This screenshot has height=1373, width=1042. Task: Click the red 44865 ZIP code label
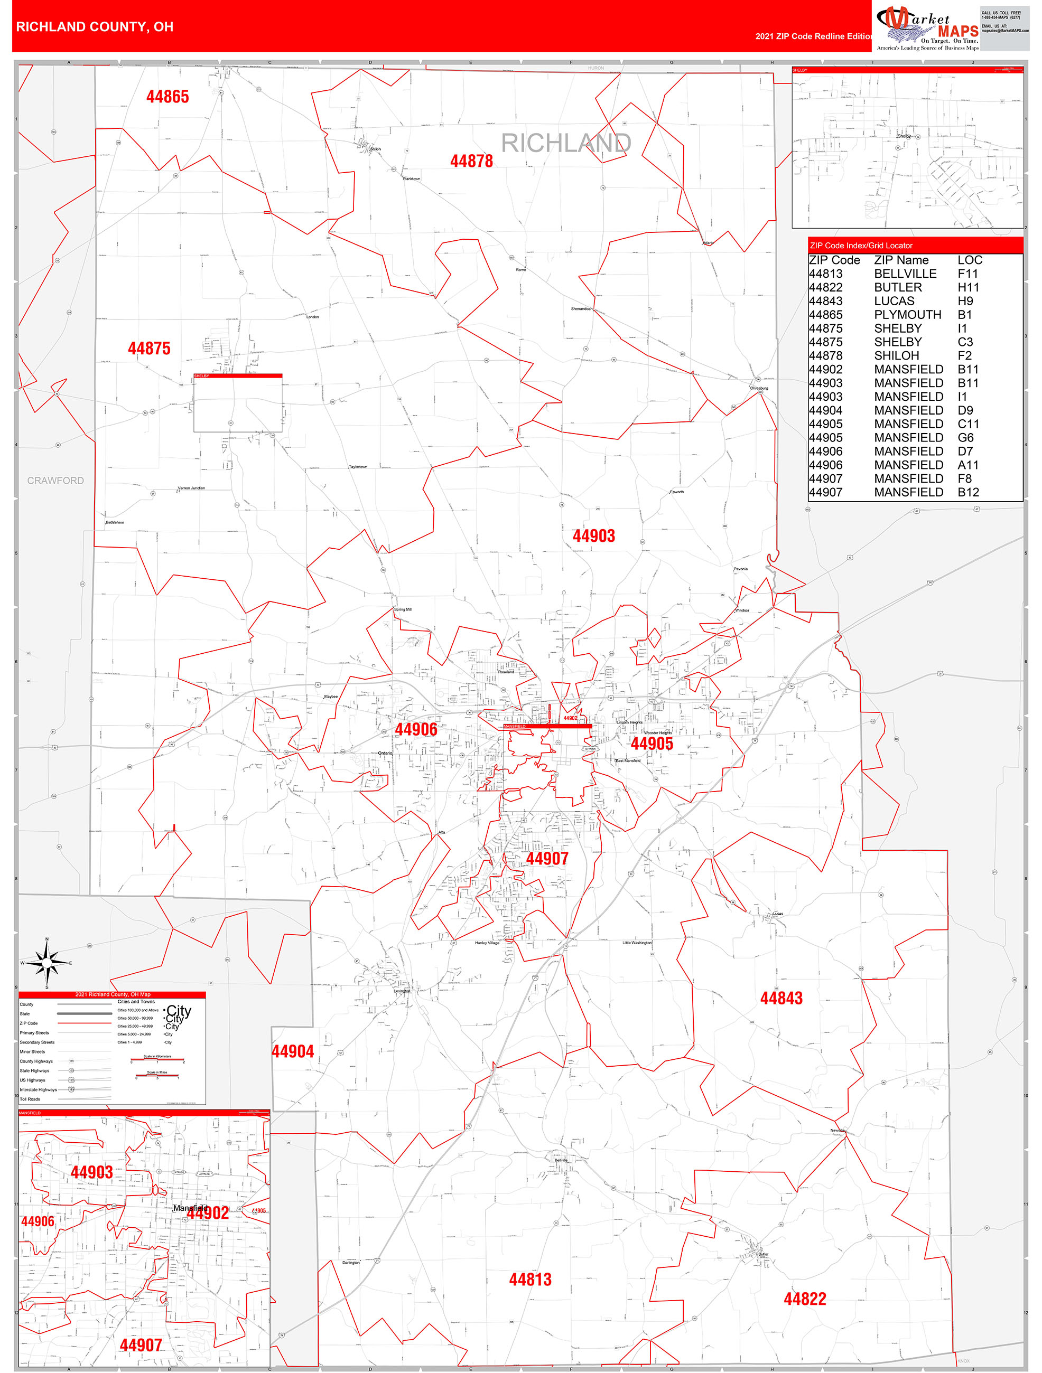click(x=168, y=97)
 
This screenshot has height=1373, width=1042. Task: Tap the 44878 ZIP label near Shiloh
click(x=471, y=162)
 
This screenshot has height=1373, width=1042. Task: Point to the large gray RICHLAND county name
click(x=566, y=144)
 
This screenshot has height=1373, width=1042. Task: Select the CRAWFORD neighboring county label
click(x=55, y=481)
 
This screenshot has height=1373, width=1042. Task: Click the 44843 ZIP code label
click(x=781, y=998)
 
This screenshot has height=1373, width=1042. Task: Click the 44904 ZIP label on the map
click(x=293, y=1051)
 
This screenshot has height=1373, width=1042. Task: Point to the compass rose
click(x=46, y=963)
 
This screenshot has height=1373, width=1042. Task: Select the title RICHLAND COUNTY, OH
click(x=95, y=27)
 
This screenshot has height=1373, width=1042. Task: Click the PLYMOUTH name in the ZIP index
click(x=907, y=315)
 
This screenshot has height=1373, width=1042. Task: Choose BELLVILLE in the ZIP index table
click(x=905, y=274)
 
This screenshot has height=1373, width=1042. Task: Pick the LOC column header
click(x=970, y=260)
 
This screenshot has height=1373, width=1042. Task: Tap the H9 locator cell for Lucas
click(x=965, y=301)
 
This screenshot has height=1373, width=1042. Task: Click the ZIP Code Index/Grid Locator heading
click(x=861, y=246)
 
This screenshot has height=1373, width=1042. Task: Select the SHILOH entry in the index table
click(x=896, y=356)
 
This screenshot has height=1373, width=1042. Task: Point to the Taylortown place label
click(x=358, y=467)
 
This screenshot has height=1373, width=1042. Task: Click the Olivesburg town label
click(x=759, y=388)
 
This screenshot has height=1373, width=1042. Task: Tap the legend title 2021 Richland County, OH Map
click(x=113, y=994)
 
